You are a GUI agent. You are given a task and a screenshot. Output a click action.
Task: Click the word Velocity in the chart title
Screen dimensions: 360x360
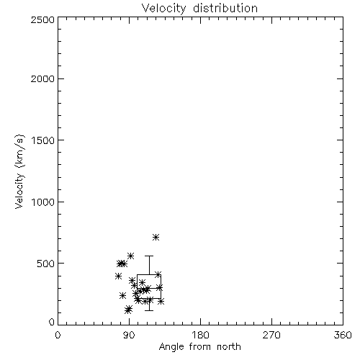[164, 9]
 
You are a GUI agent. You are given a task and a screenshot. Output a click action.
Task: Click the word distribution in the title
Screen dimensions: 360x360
[225, 8]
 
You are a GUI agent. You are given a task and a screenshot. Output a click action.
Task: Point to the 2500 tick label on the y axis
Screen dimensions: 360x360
[42, 19]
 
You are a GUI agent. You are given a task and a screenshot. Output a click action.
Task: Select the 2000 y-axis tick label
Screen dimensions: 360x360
[42, 78]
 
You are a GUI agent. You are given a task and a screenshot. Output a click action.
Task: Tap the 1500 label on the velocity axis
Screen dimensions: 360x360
[43, 140]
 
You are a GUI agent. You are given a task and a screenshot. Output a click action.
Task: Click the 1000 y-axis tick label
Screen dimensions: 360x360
[43, 202]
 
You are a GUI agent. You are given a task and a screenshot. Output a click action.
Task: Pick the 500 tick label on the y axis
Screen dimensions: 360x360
[46, 264]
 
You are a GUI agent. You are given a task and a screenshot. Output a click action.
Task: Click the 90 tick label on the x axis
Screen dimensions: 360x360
[129, 335]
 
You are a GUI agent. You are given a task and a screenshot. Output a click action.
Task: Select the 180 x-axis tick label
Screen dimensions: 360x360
[200, 335]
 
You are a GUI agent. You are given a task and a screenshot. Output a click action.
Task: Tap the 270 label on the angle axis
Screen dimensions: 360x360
[271, 335]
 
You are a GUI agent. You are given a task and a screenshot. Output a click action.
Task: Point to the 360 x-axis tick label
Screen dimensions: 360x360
[343, 335]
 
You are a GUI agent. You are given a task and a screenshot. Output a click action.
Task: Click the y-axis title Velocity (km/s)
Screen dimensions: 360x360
[19, 171]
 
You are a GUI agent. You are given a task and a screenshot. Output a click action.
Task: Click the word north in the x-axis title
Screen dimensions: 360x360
[229, 347]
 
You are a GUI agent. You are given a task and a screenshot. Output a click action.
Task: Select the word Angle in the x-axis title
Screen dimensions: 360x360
[171, 347]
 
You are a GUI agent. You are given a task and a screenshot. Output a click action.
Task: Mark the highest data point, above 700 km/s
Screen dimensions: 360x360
[156, 238]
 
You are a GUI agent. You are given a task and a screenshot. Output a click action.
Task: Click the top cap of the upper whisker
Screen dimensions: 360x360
[149, 256]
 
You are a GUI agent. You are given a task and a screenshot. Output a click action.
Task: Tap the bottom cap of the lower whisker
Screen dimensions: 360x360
[149, 310]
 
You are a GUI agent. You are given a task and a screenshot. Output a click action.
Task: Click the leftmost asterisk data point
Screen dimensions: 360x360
[118, 276]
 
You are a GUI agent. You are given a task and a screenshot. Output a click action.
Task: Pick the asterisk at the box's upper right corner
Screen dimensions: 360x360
[158, 274]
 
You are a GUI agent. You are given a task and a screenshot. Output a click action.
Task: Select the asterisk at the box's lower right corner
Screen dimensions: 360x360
[161, 301]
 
